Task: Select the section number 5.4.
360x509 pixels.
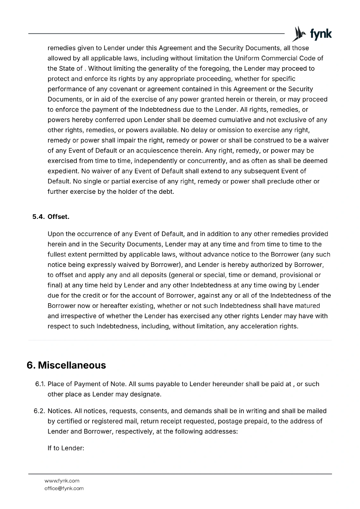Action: click(39, 217)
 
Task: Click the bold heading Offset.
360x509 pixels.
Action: click(58, 217)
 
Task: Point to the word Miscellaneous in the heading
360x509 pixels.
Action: click(72, 365)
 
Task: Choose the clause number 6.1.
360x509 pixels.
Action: click(40, 384)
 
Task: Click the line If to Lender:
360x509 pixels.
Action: click(66, 448)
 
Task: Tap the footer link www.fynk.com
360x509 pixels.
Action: click(62, 480)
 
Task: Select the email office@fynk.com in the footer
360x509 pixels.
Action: click(64, 488)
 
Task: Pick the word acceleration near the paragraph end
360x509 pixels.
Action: click(247, 326)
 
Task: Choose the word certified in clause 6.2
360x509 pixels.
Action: click(69, 421)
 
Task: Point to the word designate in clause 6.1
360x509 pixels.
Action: click(147, 394)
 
